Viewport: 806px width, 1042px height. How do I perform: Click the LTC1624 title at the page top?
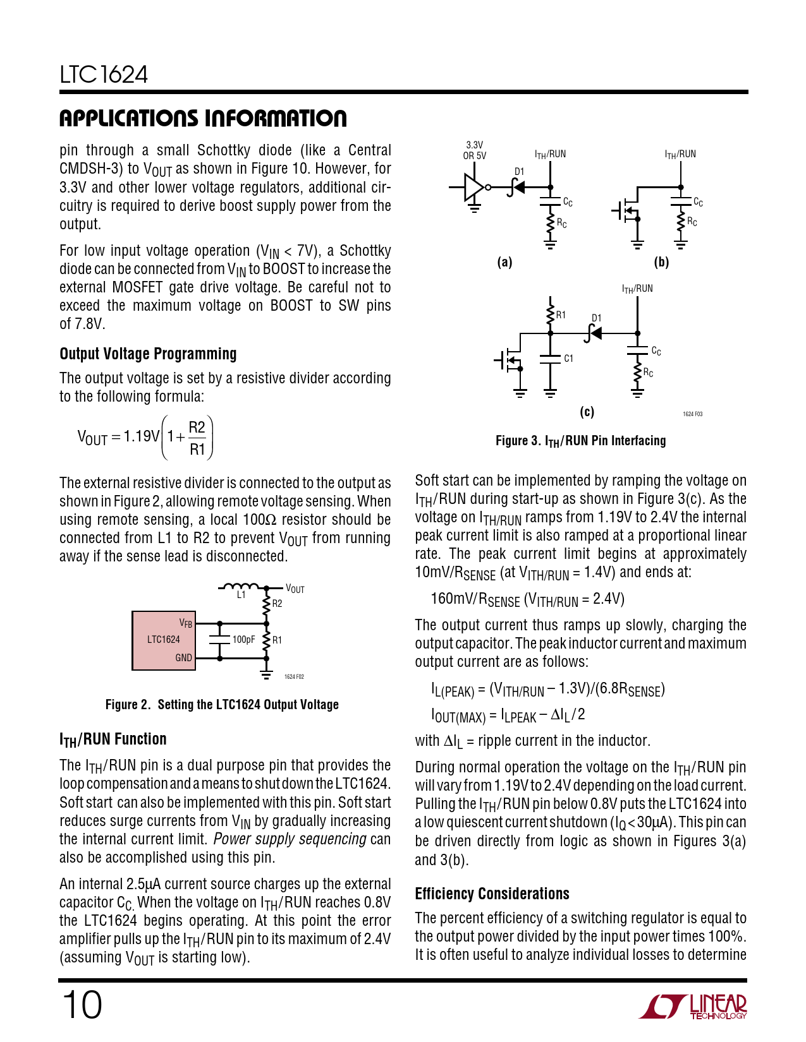click(104, 75)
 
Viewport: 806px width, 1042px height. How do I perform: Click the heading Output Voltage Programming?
click(148, 354)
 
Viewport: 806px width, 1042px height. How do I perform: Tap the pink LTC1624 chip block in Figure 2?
click(163, 640)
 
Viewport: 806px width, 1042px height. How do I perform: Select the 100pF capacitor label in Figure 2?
click(243, 640)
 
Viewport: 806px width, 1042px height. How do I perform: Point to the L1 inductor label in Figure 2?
click(241, 595)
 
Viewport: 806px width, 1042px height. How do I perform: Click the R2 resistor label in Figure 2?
click(277, 604)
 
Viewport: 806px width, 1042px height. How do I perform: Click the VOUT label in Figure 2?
click(295, 589)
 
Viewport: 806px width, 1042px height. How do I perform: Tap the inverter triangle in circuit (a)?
click(473, 188)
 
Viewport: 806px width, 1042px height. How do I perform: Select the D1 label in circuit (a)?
click(519, 172)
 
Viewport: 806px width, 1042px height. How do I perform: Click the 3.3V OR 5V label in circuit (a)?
click(474, 150)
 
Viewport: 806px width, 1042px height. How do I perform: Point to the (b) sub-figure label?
click(661, 262)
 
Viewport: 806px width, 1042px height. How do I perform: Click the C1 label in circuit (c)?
click(568, 359)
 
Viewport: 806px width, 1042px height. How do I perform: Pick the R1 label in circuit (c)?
click(561, 315)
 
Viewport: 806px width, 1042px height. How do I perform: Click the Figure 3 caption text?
click(580, 441)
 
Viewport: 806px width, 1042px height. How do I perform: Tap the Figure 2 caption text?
click(222, 705)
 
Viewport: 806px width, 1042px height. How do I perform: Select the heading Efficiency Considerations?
click(492, 894)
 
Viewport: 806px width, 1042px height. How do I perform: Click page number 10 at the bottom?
click(82, 1005)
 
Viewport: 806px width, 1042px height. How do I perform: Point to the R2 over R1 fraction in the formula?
click(197, 438)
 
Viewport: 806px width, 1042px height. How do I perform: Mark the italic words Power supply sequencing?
click(290, 839)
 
